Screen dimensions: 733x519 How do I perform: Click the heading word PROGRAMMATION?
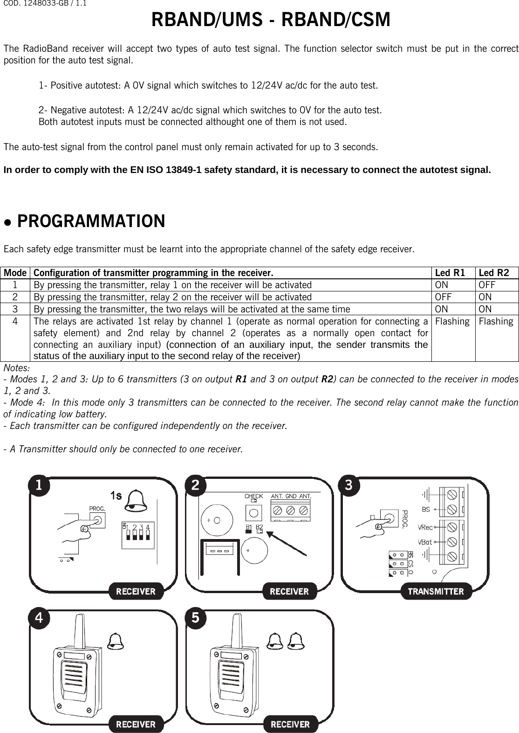click(x=91, y=221)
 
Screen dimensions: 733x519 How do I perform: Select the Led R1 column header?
click(x=449, y=273)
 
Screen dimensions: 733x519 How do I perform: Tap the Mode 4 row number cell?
click(x=16, y=321)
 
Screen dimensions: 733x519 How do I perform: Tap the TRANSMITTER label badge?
click(x=436, y=592)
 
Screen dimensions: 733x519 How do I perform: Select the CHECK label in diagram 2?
click(x=254, y=496)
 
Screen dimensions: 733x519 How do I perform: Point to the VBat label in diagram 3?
click(x=424, y=542)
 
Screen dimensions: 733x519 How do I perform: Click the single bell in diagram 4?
click(x=116, y=641)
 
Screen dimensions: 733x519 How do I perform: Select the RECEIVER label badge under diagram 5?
click(x=290, y=724)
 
